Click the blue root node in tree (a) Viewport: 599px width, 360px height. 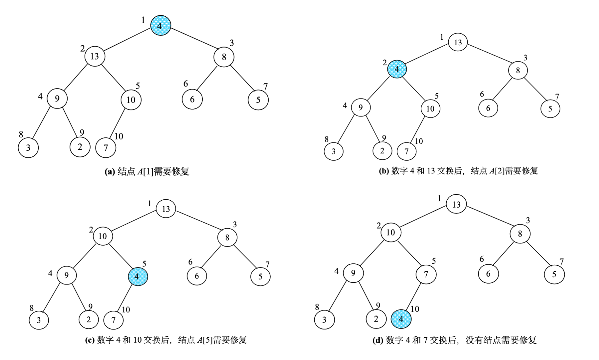tap(161, 26)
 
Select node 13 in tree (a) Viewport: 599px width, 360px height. tap(95, 56)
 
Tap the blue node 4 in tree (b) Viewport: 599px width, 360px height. tap(397, 69)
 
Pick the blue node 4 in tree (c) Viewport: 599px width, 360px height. tap(138, 276)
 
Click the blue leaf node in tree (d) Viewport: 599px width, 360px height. tap(401, 319)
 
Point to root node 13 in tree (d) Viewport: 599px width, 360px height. tap(456, 204)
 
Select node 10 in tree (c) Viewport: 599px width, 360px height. tap(102, 236)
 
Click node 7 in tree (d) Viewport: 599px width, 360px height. tap(426, 274)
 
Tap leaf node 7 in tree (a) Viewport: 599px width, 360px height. tap(105, 148)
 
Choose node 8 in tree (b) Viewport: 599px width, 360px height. tap(518, 70)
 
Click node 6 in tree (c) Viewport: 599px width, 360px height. tap(197, 276)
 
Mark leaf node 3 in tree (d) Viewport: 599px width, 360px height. tap(324, 320)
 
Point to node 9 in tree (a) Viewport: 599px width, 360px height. tap(57, 99)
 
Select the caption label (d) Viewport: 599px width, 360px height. tap(378, 340)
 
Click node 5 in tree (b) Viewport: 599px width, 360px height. tap(550, 109)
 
